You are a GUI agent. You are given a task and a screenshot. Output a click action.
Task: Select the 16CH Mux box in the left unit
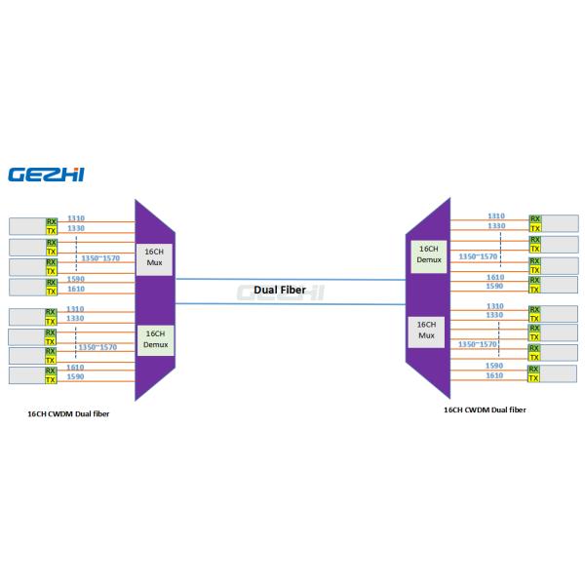(153, 257)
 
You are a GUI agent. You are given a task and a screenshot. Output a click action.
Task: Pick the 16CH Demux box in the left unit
(155, 340)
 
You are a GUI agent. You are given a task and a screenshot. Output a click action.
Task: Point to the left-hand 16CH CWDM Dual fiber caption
(67, 413)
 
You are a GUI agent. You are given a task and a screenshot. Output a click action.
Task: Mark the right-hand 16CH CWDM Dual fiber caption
(485, 410)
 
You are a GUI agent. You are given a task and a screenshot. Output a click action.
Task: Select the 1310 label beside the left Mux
(76, 218)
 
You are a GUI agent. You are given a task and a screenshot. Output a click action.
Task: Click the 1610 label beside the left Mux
(76, 290)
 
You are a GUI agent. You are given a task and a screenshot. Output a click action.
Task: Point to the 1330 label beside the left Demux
(76, 319)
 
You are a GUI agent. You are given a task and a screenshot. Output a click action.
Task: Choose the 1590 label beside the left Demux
(76, 376)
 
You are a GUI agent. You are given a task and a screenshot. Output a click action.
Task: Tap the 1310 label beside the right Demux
(496, 215)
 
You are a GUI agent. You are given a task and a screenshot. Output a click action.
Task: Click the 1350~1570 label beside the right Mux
(478, 344)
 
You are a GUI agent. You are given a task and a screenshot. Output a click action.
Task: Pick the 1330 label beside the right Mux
(496, 316)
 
